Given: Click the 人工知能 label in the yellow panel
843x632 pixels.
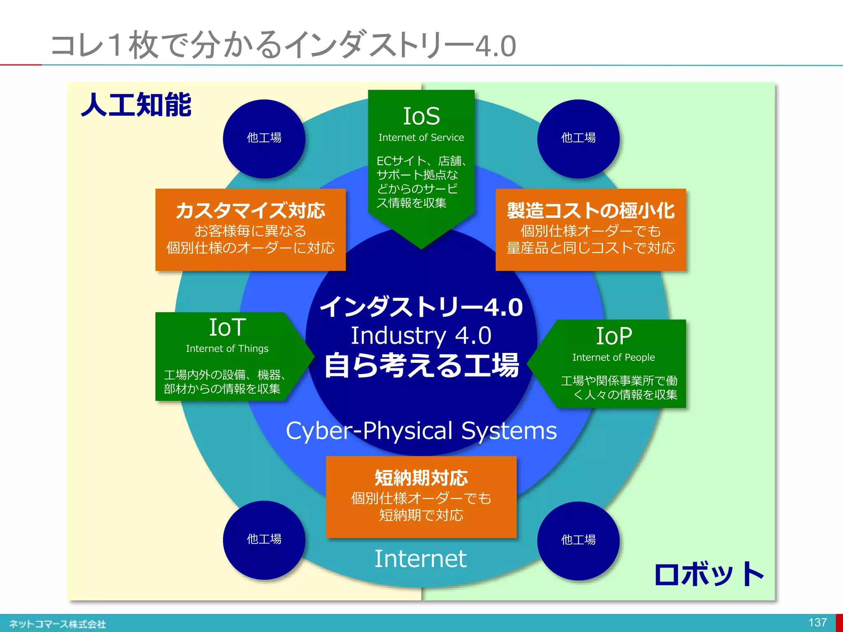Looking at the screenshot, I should [x=136, y=105].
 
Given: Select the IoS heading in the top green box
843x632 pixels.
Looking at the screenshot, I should [x=421, y=116].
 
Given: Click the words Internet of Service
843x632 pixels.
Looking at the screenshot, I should [x=421, y=137].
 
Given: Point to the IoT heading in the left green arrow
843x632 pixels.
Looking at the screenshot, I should [x=227, y=328].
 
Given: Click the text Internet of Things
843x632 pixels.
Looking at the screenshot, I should [x=227, y=349].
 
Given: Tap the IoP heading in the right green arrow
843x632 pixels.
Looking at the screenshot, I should [x=614, y=336].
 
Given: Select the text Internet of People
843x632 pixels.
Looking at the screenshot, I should [x=613, y=358].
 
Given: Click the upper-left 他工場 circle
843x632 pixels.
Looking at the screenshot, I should [x=264, y=138].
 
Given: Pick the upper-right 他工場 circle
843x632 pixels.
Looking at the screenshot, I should [x=578, y=138].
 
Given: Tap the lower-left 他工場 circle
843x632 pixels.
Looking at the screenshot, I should [x=264, y=539].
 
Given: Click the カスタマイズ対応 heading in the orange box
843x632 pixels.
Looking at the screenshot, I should [x=250, y=211].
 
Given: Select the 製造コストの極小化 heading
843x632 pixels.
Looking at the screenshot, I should [x=591, y=211].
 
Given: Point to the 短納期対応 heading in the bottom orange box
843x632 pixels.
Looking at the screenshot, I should [x=421, y=478].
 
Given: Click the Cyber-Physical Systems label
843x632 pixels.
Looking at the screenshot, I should [x=421, y=431].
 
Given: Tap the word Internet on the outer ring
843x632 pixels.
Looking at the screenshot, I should [x=420, y=559].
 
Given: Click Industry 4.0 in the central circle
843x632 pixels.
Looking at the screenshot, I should [x=421, y=335].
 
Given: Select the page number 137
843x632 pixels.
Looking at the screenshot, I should [x=817, y=623].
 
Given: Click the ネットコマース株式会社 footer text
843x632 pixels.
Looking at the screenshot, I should [x=57, y=624].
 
